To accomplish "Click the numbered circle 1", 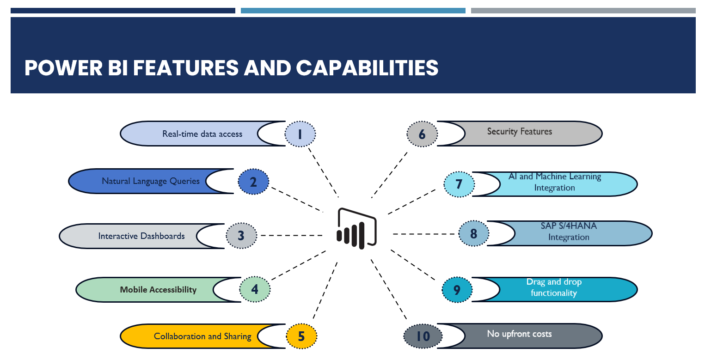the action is tap(300, 134).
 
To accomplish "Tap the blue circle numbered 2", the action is tap(253, 182).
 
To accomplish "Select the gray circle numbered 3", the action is tap(241, 236).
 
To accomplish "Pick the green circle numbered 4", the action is tap(255, 289).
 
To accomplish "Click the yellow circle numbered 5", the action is tap(301, 336).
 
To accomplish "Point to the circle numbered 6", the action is tap(422, 134).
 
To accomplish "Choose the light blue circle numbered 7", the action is tap(459, 184).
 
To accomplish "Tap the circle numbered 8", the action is tap(474, 233).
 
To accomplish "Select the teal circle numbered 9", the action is tap(457, 289).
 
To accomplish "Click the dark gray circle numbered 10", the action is tap(423, 336).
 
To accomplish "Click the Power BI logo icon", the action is tap(356, 228).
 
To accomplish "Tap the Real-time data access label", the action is tap(202, 134).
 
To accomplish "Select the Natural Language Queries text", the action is tap(151, 181).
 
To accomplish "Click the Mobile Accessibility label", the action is tap(158, 289).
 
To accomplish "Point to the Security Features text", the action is tap(520, 132).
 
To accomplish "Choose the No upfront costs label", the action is tap(519, 334).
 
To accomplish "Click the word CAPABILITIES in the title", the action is tap(367, 67).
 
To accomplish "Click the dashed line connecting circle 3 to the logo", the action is tap(291, 235).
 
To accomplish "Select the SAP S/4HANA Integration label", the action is tap(569, 231).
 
